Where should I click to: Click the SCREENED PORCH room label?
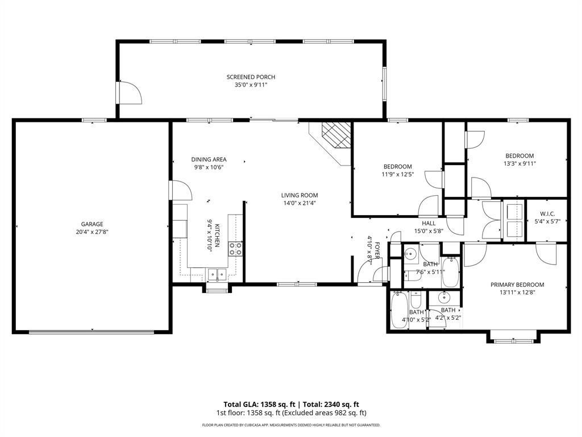pyautogui.click(x=251, y=77)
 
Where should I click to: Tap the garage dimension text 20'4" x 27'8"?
pyautogui.click(x=92, y=232)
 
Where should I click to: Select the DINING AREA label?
pyautogui.click(x=209, y=159)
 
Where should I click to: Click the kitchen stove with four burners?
pyautogui.click(x=235, y=249)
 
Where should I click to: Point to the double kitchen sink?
pyautogui.click(x=218, y=274)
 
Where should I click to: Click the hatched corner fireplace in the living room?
pyautogui.click(x=336, y=135)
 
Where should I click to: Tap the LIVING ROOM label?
pyautogui.click(x=300, y=195)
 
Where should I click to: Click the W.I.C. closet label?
pyautogui.click(x=547, y=214)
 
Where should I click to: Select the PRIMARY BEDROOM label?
pyautogui.click(x=517, y=285)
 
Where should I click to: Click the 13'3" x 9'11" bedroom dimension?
pyautogui.click(x=519, y=163)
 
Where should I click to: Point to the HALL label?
pyautogui.click(x=429, y=223)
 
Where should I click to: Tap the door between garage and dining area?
pyautogui.click(x=180, y=190)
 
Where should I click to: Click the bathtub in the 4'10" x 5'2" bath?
pyautogui.click(x=399, y=310)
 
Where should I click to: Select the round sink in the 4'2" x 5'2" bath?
pyautogui.click(x=443, y=297)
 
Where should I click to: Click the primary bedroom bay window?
pyautogui.click(x=513, y=339)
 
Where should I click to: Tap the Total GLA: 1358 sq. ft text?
pyautogui.click(x=259, y=405)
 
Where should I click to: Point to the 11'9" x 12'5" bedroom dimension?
pyautogui.click(x=397, y=174)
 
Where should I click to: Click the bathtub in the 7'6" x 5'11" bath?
pyautogui.click(x=451, y=272)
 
